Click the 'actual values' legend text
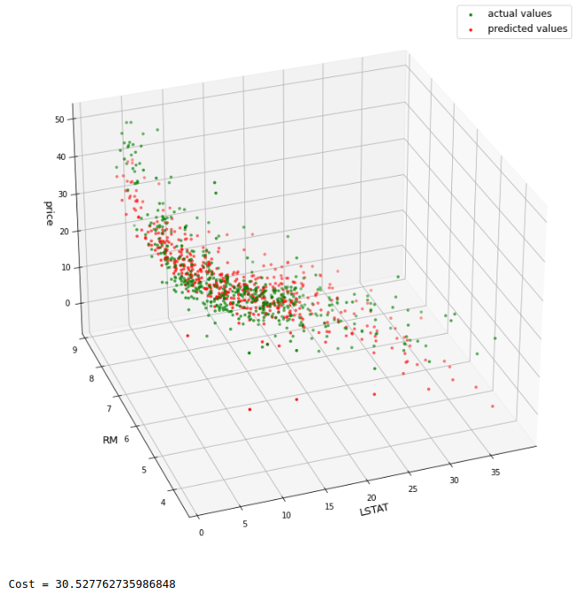[x=519, y=13]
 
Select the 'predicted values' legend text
[x=527, y=29]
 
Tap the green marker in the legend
[x=470, y=14]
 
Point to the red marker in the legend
[x=470, y=30]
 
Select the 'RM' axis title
[x=110, y=440]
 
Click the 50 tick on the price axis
[x=60, y=119]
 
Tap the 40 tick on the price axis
[x=61, y=157]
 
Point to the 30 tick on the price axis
[x=62, y=194]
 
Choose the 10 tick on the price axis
[x=65, y=266]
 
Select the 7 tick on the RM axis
[x=109, y=409]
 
